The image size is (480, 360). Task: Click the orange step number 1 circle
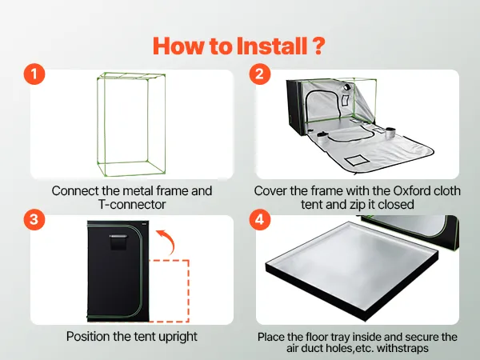[x=34, y=74]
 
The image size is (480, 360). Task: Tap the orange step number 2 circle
[x=259, y=74]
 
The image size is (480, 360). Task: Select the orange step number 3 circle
[x=34, y=219]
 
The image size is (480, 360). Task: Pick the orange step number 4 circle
[x=259, y=219]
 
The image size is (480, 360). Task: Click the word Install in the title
[x=272, y=46]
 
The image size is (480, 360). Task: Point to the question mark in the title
[x=318, y=46]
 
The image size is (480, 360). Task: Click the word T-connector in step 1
[x=132, y=205]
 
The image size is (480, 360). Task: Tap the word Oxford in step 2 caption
[x=411, y=190]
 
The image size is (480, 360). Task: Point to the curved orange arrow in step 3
[x=168, y=241]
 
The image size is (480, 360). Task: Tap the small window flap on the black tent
[x=118, y=242]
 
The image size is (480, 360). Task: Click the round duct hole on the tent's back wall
[x=347, y=87]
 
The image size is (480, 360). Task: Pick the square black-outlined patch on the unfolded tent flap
[x=357, y=160]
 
